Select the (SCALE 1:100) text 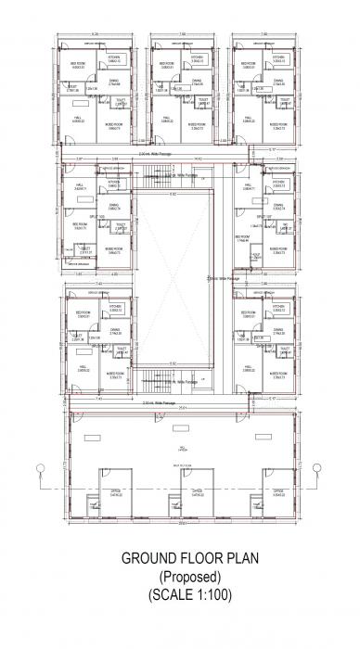click(x=179, y=593)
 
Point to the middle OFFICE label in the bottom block click(x=193, y=493)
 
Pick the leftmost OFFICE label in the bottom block click(x=116, y=493)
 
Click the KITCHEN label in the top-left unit click(x=113, y=57)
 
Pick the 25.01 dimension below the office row click(x=182, y=524)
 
